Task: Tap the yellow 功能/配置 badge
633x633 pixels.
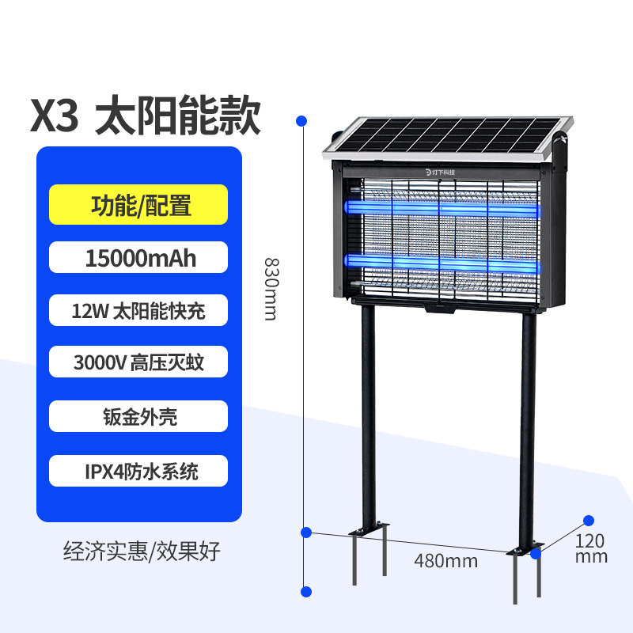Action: tap(138, 205)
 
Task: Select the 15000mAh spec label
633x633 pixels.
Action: tap(138, 258)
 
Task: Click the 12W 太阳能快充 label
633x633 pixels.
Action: tap(138, 310)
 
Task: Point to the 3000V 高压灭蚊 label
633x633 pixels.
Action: tap(138, 363)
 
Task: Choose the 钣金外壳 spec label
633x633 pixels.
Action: tap(138, 416)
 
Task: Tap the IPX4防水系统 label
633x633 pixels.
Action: tap(138, 472)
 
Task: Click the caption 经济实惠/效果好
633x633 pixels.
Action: tap(141, 552)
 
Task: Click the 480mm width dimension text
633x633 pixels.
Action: tap(445, 561)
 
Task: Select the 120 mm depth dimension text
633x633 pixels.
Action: tap(591, 548)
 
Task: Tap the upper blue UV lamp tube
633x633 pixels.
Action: tap(443, 208)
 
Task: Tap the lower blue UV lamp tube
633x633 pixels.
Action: tap(443, 261)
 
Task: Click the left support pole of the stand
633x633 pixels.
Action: tap(366, 419)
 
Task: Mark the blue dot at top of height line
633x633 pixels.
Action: tap(301, 120)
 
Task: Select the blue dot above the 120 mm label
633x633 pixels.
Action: tap(588, 520)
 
